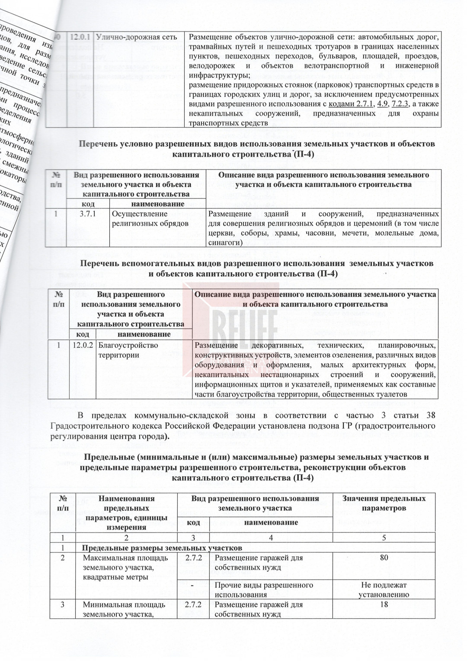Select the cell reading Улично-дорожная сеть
coord(137,37)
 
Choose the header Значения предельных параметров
coord(384,503)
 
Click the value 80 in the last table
coord(384,558)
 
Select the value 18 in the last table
coord(384,604)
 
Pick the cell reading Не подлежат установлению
coord(384,590)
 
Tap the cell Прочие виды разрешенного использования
coord(264,590)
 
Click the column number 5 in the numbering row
coord(384,539)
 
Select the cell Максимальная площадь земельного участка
coord(124,567)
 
